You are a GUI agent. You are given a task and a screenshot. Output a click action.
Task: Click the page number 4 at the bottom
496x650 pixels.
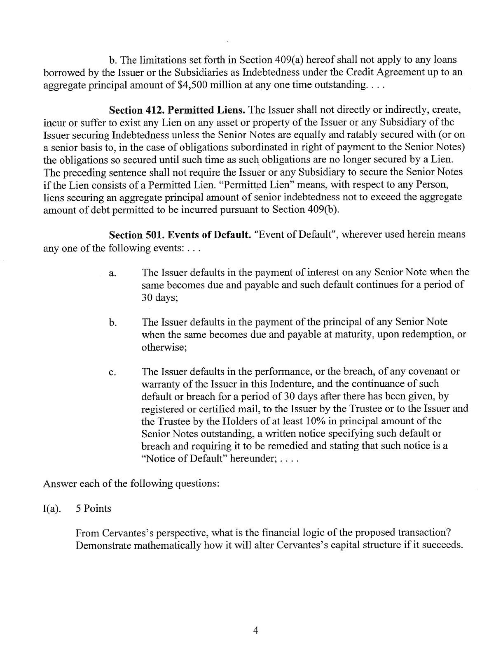coord(255,631)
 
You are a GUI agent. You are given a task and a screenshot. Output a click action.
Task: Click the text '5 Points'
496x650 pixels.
coord(94,509)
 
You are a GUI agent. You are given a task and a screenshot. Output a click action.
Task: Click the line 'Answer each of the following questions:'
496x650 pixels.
coord(131,484)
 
